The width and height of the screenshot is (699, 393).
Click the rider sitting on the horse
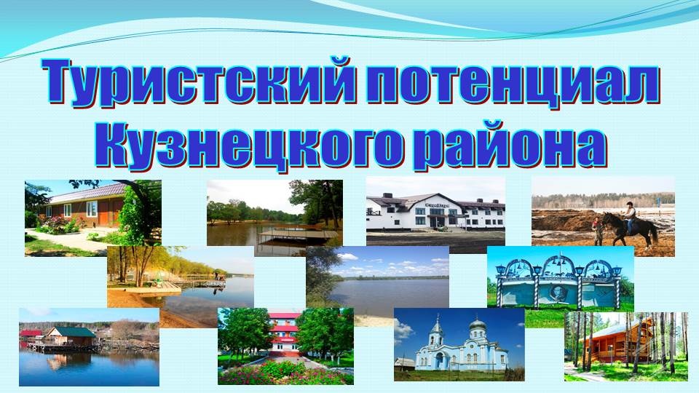click(629, 217)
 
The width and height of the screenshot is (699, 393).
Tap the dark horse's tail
click(654, 231)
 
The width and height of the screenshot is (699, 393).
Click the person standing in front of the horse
click(598, 230)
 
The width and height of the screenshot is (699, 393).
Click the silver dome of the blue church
click(478, 323)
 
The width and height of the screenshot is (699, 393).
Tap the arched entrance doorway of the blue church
click(440, 360)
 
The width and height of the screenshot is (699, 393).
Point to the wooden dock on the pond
click(297, 234)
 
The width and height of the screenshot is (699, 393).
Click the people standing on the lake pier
click(219, 277)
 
